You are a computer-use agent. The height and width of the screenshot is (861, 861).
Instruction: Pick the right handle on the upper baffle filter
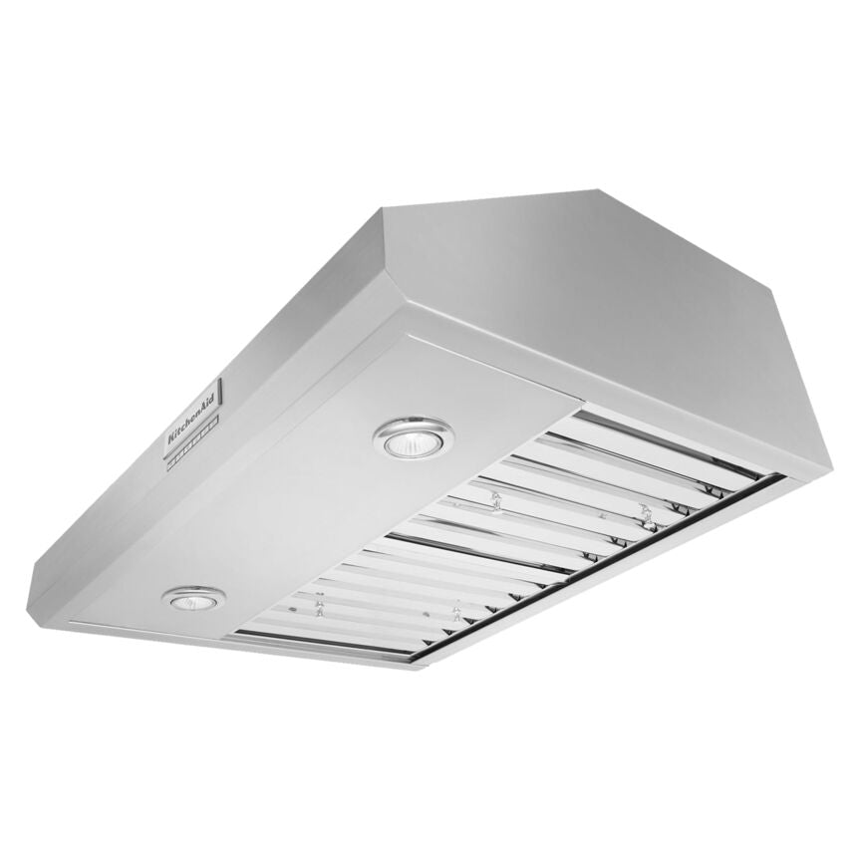point(646,512)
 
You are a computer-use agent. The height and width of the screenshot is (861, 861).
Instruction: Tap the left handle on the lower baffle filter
point(319,606)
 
